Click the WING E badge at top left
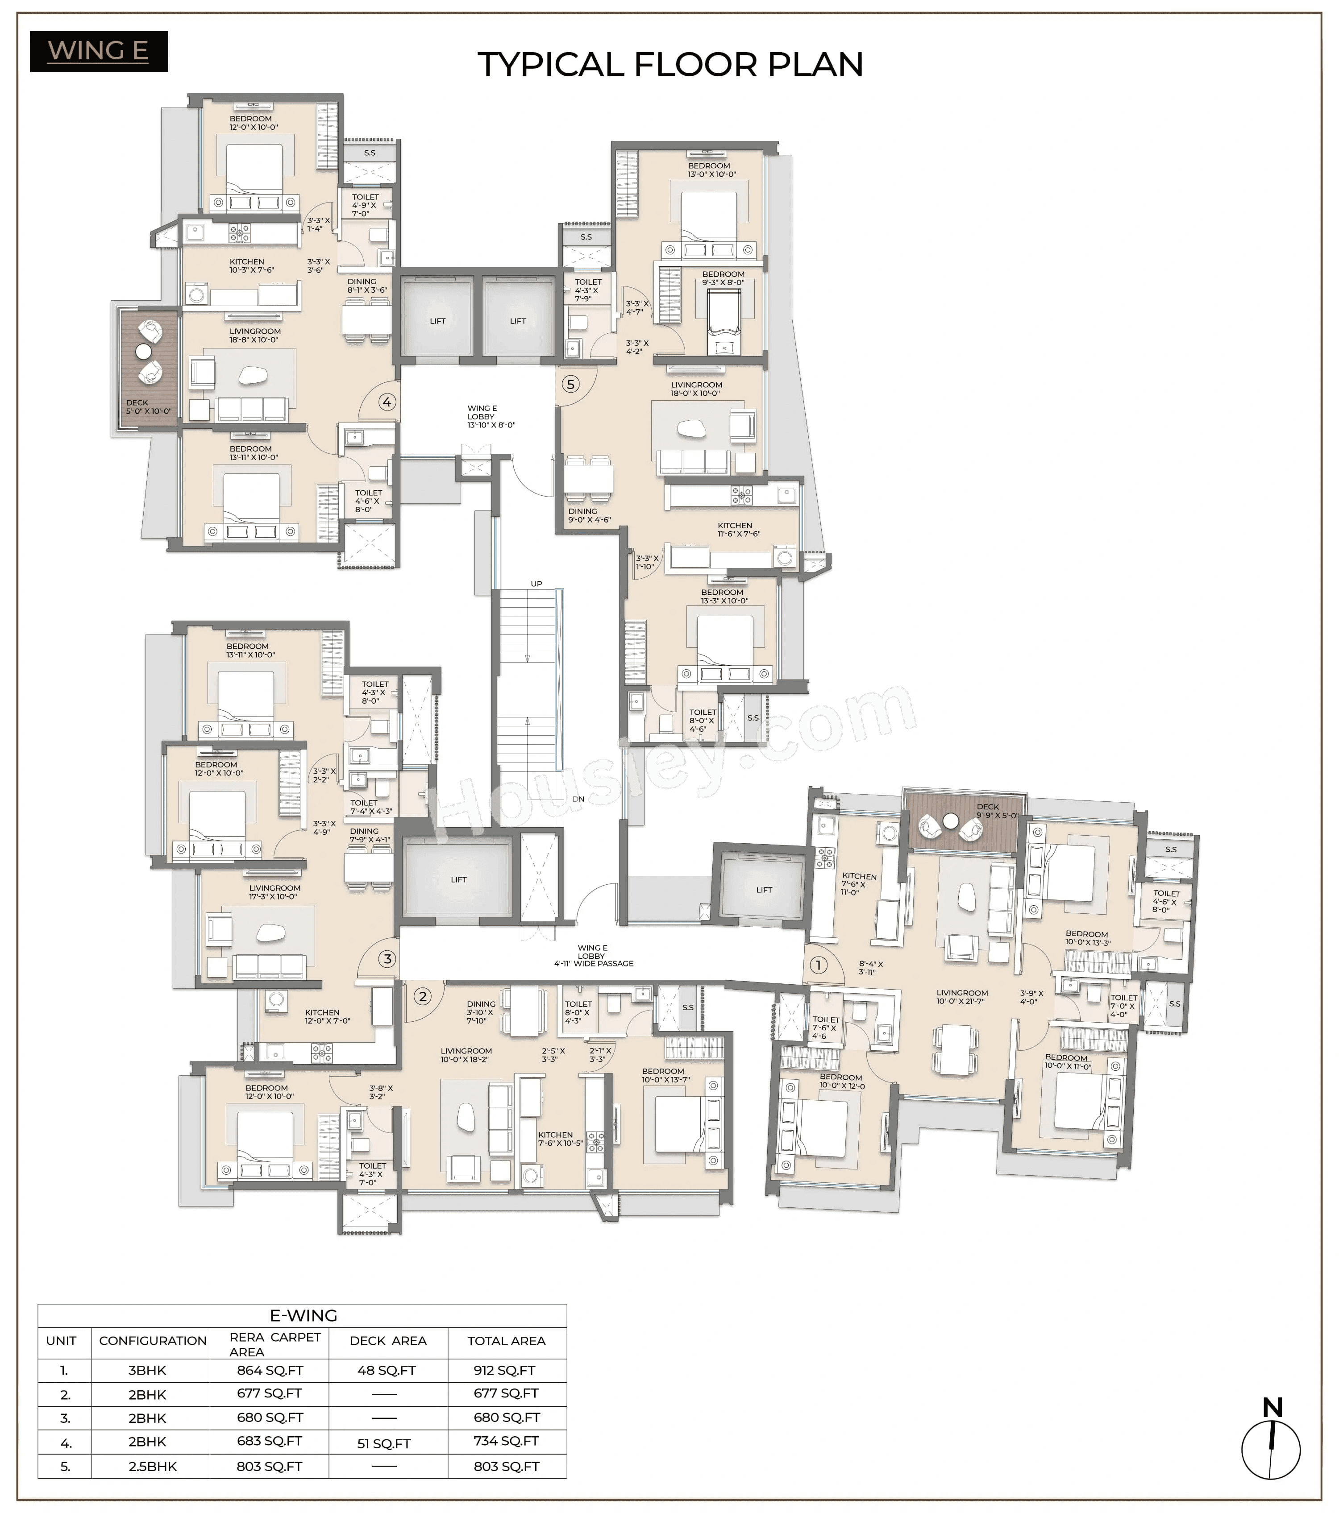[99, 51]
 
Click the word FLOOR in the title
[695, 65]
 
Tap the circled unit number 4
[387, 402]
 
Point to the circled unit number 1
[818, 966]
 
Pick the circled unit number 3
[387, 959]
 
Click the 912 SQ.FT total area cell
[505, 1370]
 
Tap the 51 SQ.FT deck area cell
[384, 1443]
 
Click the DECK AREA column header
[387, 1340]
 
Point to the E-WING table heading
[303, 1316]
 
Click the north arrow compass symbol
[1271, 1449]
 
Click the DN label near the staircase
[578, 799]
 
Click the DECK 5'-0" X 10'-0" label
[149, 407]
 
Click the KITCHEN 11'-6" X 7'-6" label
[738, 529]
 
